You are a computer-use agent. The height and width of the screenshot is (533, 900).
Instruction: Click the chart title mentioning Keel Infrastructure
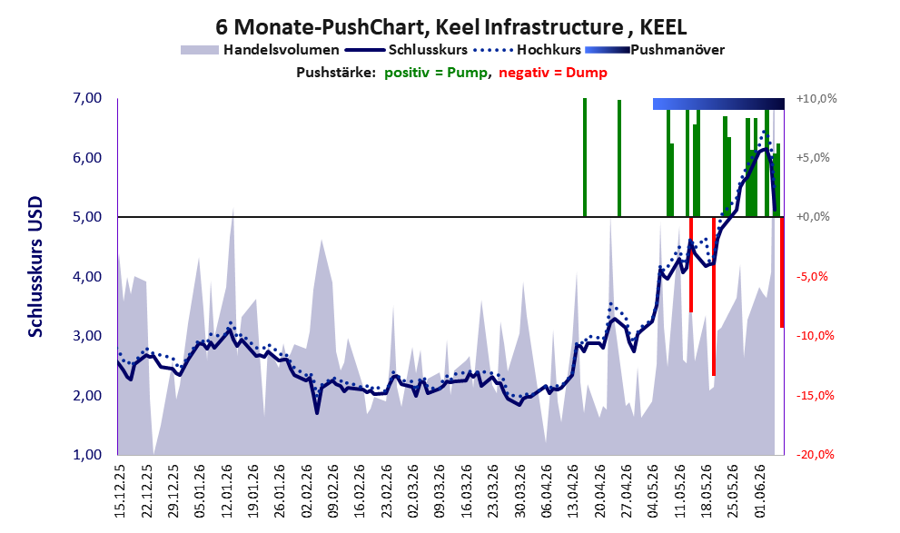coord(450,27)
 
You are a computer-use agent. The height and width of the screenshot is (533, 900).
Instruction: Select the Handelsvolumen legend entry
coord(260,50)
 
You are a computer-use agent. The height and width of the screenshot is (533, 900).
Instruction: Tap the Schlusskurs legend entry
coord(406,50)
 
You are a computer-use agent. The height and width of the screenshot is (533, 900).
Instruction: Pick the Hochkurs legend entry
coord(527,50)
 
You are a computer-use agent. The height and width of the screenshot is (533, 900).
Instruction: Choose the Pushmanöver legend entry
coord(654,50)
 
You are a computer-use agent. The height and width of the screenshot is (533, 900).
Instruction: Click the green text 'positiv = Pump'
coord(436,73)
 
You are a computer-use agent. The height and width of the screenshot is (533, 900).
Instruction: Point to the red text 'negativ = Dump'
coord(553,73)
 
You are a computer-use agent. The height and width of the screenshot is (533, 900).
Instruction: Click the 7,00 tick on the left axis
coord(88,98)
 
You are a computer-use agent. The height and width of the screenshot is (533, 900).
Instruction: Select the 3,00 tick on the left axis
coord(88,336)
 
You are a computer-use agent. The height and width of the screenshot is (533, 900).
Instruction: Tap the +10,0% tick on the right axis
coord(816,99)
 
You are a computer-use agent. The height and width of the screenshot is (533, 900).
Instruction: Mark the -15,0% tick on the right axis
coord(815,395)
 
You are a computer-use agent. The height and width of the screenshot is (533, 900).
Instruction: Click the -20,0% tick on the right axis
coord(815,455)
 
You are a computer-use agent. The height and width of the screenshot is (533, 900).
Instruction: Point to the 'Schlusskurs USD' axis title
coord(35,267)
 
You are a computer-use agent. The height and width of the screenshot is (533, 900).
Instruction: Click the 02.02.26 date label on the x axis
coord(307,491)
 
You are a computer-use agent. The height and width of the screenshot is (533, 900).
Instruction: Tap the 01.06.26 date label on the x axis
coord(761,491)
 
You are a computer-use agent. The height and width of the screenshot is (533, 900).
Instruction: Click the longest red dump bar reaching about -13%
coord(714,296)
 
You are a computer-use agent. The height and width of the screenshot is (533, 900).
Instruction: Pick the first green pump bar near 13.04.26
coord(585,157)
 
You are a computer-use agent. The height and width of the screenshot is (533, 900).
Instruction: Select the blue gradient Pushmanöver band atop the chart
coord(718,104)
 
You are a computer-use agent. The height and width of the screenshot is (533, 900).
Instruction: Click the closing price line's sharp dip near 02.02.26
coord(317,412)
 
